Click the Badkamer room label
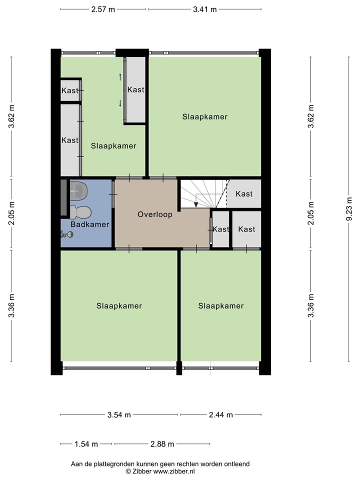coord(90,224)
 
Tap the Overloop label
coord(155,214)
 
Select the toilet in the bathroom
coord(79,212)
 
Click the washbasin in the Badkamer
coord(78,188)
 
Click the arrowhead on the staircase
coord(196,204)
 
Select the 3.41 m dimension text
coord(205,9)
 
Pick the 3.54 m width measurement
coord(119,414)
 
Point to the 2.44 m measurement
coord(220,414)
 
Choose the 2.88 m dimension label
coord(162,444)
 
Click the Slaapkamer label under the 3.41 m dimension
coord(205,117)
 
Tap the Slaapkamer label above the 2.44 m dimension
coord(220,306)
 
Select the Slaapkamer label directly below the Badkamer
coord(119,306)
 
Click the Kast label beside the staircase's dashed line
coord(244,193)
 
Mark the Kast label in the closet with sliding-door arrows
coord(135,90)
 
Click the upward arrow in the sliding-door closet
coord(120,76)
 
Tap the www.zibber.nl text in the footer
coord(174,471)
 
